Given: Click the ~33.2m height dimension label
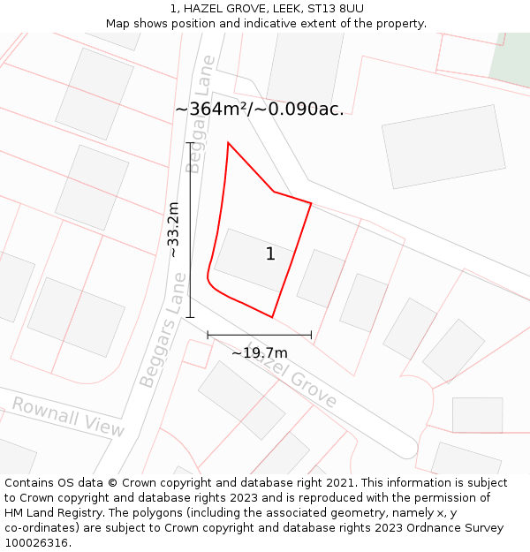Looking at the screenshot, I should [173, 230].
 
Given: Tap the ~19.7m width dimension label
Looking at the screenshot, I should [260, 352].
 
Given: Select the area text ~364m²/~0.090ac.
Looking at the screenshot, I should [259, 109].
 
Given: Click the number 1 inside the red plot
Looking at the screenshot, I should [270, 254].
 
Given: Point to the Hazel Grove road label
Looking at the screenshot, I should [292, 375].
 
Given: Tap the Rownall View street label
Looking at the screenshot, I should [68, 416].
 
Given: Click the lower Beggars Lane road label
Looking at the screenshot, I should [163, 330].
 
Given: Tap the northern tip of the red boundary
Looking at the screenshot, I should [228, 143].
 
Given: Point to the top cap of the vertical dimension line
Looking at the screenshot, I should [190, 142].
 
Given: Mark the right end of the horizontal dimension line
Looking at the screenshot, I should [311, 335].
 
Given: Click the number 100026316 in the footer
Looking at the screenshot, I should [36, 543].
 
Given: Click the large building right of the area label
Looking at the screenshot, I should [443, 146].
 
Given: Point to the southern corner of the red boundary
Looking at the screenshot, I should [271, 316].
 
